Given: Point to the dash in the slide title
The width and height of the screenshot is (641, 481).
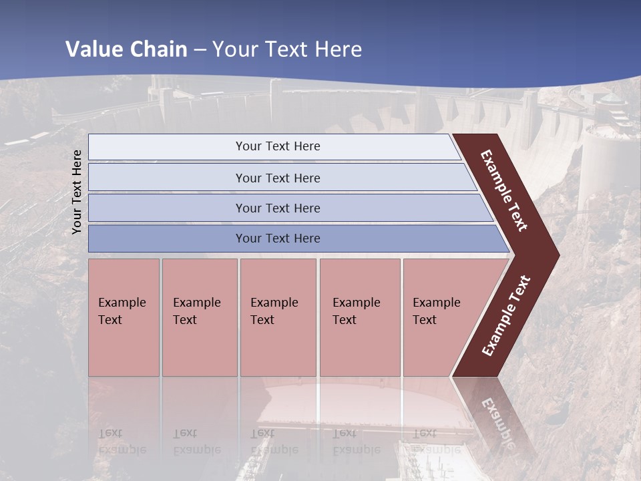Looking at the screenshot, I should coord(200,50).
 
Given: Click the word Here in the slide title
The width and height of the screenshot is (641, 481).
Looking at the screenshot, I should coord(338,49).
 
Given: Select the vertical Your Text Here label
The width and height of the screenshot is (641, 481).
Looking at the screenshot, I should coord(77,192).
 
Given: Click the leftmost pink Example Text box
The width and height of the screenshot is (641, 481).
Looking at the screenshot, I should coord(124,317).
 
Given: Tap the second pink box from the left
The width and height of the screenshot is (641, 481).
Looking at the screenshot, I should coord(199,317).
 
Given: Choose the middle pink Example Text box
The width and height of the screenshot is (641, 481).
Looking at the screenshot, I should coord(278,317).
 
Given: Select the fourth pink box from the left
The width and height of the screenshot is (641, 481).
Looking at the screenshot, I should coord(359,317).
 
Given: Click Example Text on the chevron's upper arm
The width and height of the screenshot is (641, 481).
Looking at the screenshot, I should coord(504,190).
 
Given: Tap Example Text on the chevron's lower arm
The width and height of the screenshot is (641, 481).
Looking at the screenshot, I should coord(506,315).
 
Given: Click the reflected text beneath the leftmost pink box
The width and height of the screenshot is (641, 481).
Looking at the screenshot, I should coord(122,441).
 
